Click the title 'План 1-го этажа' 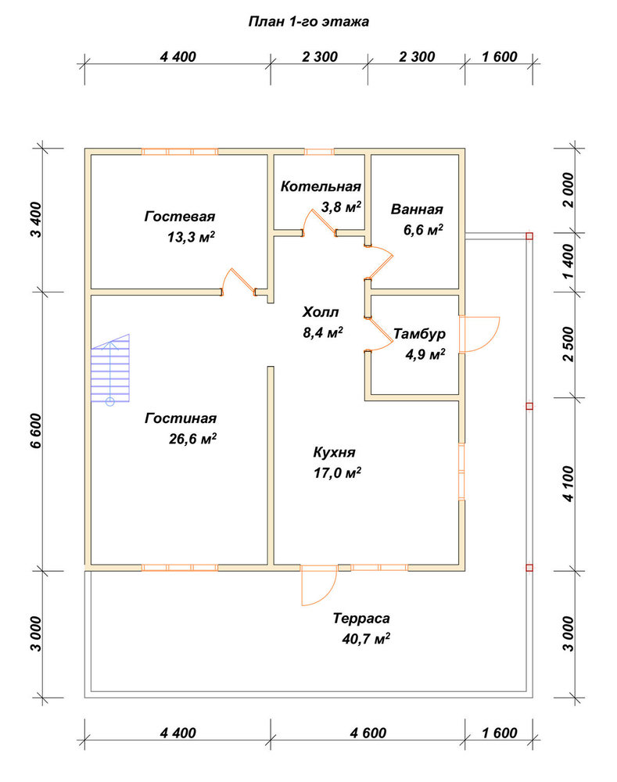pos(308,22)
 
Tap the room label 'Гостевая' pos(180,217)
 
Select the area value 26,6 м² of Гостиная pos(192,439)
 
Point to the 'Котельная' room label pos(320,187)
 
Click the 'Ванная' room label pos(417,209)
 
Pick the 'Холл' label pos(320,312)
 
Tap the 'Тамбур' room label pos(419,334)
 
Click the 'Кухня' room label pos(334,452)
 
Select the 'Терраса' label pos(361,619)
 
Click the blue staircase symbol pos(110,369)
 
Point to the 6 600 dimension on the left pos(36,431)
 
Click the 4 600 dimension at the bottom pos(368,733)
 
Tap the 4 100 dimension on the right pos(568,484)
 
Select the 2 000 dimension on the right pos(568,190)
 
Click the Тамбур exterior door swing pos(479,334)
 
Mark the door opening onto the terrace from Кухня pos(319,585)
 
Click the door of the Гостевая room pos(239,282)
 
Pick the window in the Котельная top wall pos(319,152)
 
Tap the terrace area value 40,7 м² pos(366,638)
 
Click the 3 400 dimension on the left pos(36,220)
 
